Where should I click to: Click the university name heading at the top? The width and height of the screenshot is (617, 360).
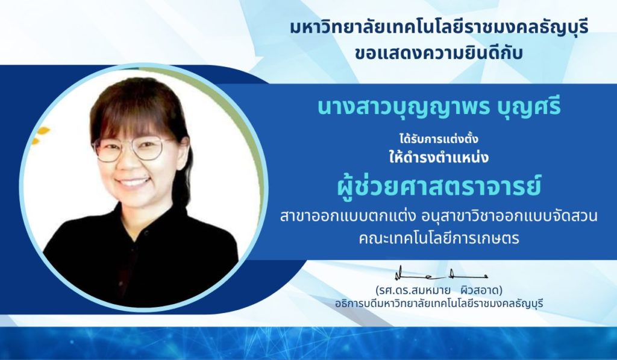(x=439, y=29)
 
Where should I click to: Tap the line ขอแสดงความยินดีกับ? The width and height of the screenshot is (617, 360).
(x=439, y=53)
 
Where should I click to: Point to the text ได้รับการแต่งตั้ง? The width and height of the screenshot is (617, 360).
(x=439, y=139)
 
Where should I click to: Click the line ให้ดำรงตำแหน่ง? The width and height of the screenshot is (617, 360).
(x=439, y=157)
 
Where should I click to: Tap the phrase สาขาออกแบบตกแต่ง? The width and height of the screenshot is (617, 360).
(x=342, y=216)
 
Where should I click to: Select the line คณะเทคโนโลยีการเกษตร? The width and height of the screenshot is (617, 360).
(x=439, y=238)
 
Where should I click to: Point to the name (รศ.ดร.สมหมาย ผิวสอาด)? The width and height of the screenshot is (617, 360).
(x=439, y=291)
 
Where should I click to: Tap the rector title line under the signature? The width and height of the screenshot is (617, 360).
(x=439, y=304)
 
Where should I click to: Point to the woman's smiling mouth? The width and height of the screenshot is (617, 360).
(x=134, y=182)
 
